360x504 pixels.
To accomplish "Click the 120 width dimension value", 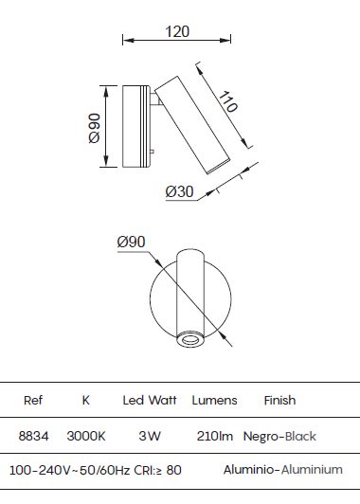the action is click(x=177, y=31).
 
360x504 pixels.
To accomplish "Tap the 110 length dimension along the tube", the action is click(x=228, y=101).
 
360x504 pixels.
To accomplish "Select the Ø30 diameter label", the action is click(x=179, y=191).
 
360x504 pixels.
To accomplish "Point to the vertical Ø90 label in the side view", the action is click(x=94, y=128).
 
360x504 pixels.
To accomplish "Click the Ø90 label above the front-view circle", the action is click(x=131, y=242).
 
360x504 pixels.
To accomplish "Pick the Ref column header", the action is click(x=33, y=401).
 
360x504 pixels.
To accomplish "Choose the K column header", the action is click(x=86, y=401).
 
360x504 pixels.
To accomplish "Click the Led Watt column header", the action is click(x=150, y=401).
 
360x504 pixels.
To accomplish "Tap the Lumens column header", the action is click(x=214, y=401).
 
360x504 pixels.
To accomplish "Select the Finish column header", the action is click(x=279, y=401).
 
